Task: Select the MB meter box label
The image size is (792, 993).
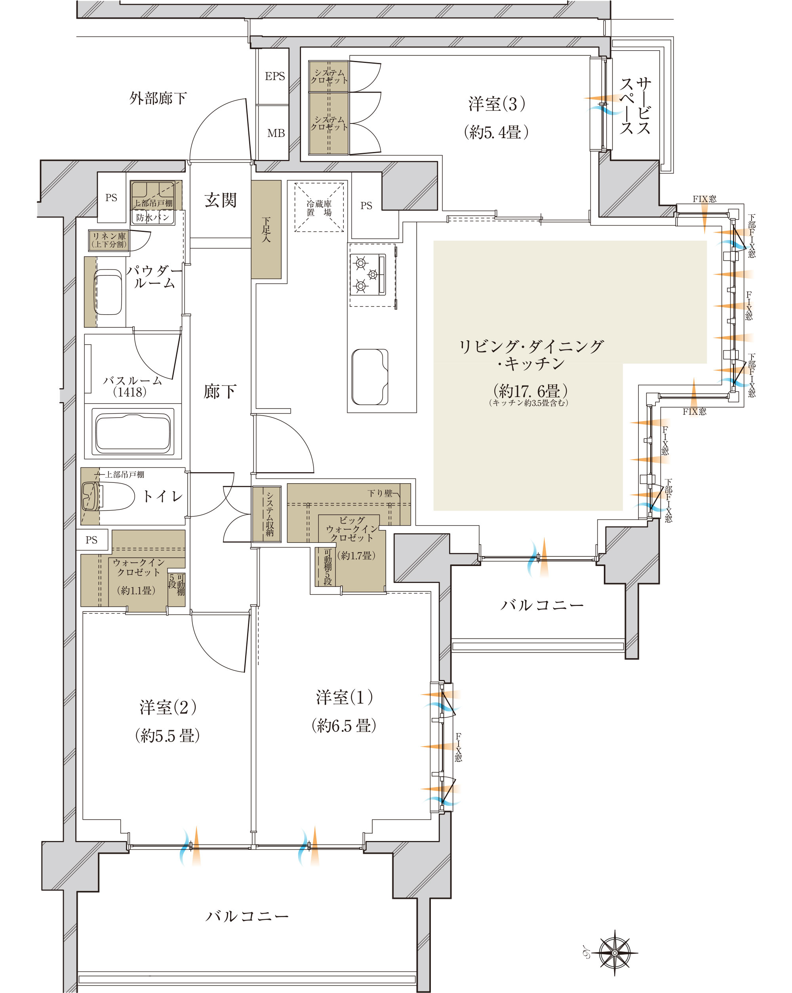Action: pyautogui.click(x=276, y=133)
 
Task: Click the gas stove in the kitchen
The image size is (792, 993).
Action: pyautogui.click(x=367, y=275)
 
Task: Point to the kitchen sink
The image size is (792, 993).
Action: pyautogui.click(x=369, y=377)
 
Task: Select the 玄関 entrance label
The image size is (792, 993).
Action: pyautogui.click(x=220, y=200)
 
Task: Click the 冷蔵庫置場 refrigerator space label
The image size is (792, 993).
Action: pyautogui.click(x=319, y=208)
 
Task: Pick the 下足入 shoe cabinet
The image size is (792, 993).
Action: pyautogui.click(x=266, y=230)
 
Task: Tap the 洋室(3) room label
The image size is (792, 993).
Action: pyautogui.click(x=497, y=104)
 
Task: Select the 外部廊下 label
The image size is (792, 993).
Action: pyautogui.click(x=158, y=98)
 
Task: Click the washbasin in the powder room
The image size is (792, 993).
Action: pyautogui.click(x=108, y=292)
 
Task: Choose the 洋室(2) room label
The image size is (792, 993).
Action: pyautogui.click(x=168, y=707)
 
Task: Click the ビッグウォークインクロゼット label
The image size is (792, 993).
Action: pyautogui.click(x=352, y=529)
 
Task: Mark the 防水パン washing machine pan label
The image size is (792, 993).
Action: pyautogui.click(x=153, y=217)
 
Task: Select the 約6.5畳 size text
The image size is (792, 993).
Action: pyautogui.click(x=344, y=726)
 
